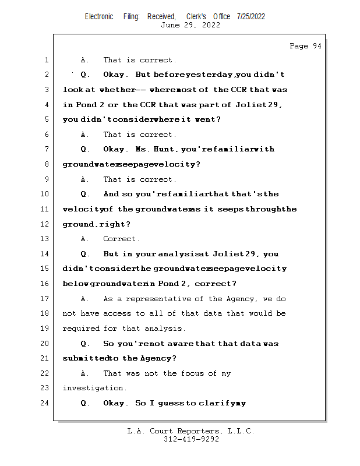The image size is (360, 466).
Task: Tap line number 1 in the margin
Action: [45, 60]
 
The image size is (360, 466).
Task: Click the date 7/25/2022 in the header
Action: [251, 17]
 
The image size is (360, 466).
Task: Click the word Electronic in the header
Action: [99, 17]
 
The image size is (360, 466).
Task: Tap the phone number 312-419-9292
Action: [191, 440]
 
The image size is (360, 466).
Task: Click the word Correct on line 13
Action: [121, 239]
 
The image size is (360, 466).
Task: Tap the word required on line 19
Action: [80, 329]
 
